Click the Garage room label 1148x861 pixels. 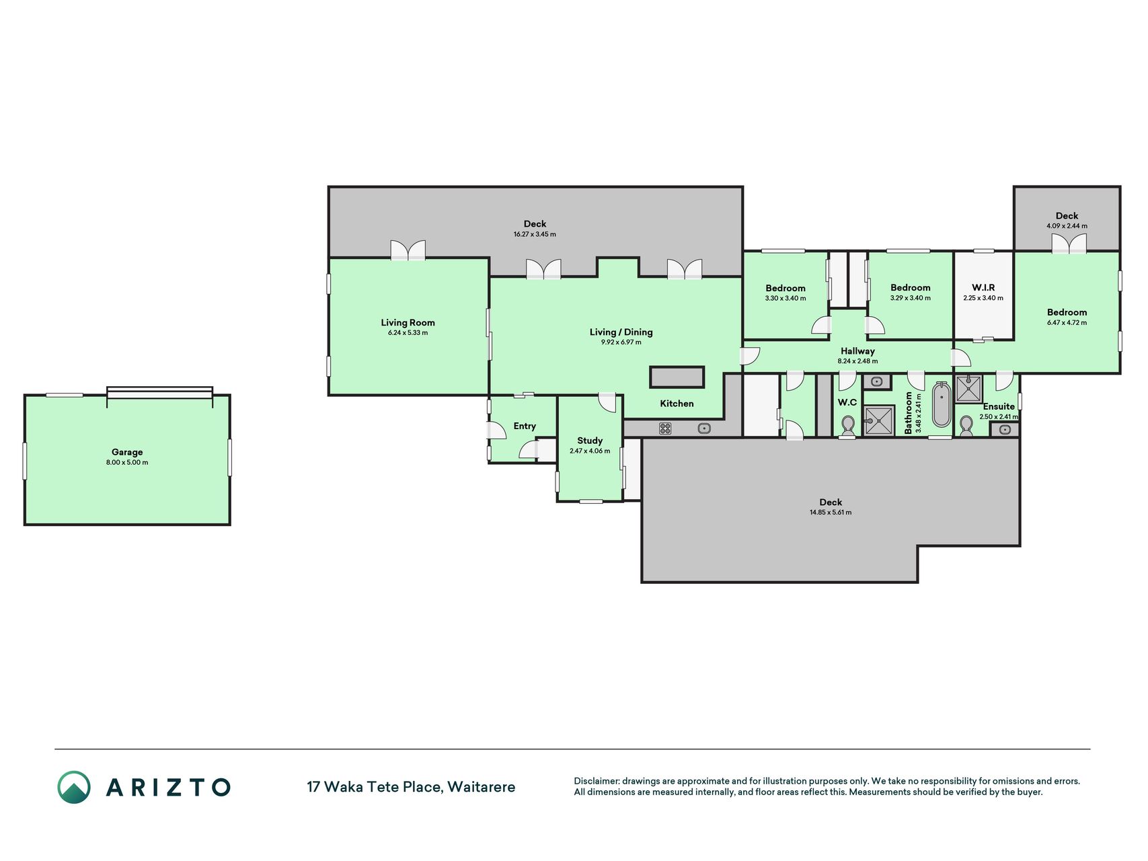pyautogui.click(x=127, y=452)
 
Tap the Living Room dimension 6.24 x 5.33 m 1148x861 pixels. pyautogui.click(x=408, y=333)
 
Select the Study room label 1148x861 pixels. pyautogui.click(x=590, y=441)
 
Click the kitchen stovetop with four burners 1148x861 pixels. pyautogui.click(x=665, y=428)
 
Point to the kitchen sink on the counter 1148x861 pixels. pyautogui.click(x=704, y=428)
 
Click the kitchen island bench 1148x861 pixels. pyautogui.click(x=677, y=377)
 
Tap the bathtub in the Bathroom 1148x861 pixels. pyautogui.click(x=942, y=404)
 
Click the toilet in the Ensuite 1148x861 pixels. pyautogui.click(x=966, y=426)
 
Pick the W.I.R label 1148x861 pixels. pyautogui.click(x=983, y=288)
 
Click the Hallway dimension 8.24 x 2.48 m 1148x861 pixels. pyautogui.click(x=857, y=361)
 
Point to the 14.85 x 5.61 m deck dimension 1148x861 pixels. pyautogui.click(x=831, y=513)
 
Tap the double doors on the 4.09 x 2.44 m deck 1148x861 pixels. pyautogui.click(x=1068, y=243)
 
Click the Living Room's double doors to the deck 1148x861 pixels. pyautogui.click(x=408, y=250)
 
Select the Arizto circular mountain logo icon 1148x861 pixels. pyautogui.click(x=74, y=787)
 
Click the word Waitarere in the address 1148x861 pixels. pyautogui.click(x=482, y=787)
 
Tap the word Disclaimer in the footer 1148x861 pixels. pyautogui.click(x=596, y=782)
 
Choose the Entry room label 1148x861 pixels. pyautogui.click(x=525, y=426)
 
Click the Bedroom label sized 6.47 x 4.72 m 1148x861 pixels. pyautogui.click(x=1067, y=312)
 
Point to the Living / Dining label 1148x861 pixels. pyautogui.click(x=621, y=332)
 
